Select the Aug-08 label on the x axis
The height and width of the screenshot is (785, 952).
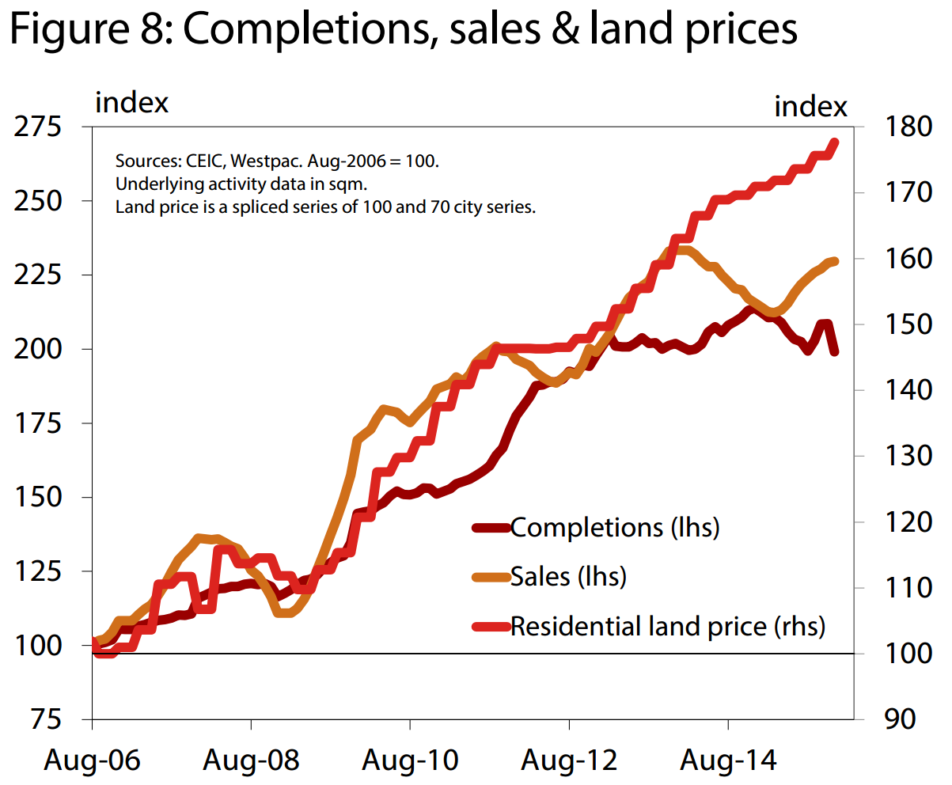pos(252,760)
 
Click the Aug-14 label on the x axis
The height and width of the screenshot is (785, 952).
pos(728,760)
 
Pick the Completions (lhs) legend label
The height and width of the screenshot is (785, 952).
pos(615,527)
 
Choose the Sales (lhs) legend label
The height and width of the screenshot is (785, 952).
pos(568,576)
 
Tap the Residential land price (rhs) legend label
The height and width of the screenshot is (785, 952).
pos(668,626)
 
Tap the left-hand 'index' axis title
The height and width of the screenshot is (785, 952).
pos(131,103)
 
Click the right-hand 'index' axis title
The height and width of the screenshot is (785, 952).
pos(810,106)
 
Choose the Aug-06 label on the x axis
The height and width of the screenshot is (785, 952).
pos(93,760)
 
